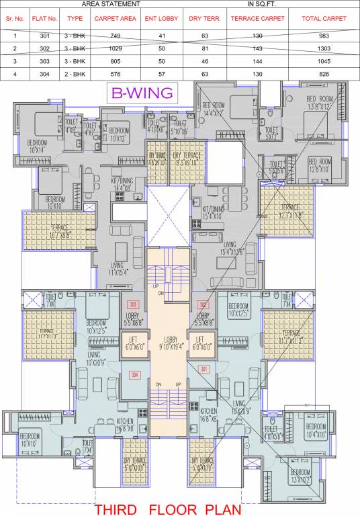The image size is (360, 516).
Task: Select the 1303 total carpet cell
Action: (324, 49)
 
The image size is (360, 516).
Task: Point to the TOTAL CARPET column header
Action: (324, 19)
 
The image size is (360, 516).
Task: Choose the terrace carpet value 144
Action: (258, 60)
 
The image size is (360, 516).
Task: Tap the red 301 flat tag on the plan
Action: (204, 368)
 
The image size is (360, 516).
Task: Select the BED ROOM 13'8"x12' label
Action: (320, 103)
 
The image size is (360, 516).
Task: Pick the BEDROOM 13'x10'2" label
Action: (306, 478)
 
